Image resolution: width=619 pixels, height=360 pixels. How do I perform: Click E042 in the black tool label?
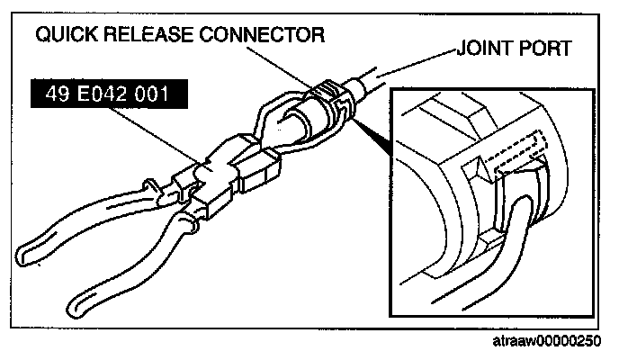[99, 94]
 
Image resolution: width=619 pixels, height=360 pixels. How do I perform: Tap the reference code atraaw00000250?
[550, 342]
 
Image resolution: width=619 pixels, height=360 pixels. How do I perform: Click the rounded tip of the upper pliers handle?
[27, 245]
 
